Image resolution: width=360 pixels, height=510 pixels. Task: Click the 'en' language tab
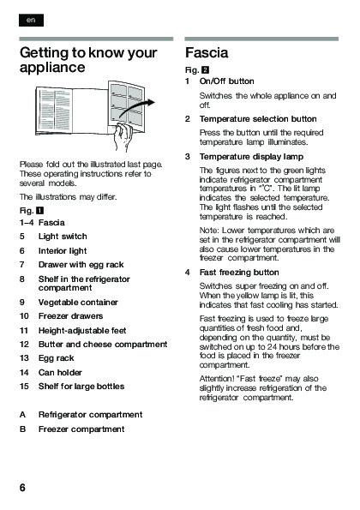[31, 21]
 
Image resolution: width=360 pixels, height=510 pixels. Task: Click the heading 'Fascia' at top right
[207, 52]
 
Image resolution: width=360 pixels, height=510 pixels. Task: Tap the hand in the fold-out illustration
[123, 136]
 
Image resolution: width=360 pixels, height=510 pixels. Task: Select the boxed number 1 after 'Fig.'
[39, 211]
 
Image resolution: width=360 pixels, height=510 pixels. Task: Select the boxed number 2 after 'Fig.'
[205, 70]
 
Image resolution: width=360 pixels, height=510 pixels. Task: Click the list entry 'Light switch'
[63, 237]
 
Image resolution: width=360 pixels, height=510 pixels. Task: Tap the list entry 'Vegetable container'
[78, 303]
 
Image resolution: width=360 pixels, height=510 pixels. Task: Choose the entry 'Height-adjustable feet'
[82, 331]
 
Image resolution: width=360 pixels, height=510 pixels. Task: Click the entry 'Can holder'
[60, 372]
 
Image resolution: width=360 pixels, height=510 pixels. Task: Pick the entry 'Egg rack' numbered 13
[57, 358]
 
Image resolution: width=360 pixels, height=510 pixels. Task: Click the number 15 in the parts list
[24, 387]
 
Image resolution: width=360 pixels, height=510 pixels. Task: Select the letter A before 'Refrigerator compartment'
[22, 415]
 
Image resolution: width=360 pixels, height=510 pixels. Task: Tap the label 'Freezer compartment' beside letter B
[81, 429]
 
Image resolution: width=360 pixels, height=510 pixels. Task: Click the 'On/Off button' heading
[227, 81]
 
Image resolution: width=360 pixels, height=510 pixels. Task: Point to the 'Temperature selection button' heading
[258, 119]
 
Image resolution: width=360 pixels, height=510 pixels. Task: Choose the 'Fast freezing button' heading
[239, 273]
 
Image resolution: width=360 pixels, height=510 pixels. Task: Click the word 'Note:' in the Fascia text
[209, 231]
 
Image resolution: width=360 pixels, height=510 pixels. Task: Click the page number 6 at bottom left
[22, 488]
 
